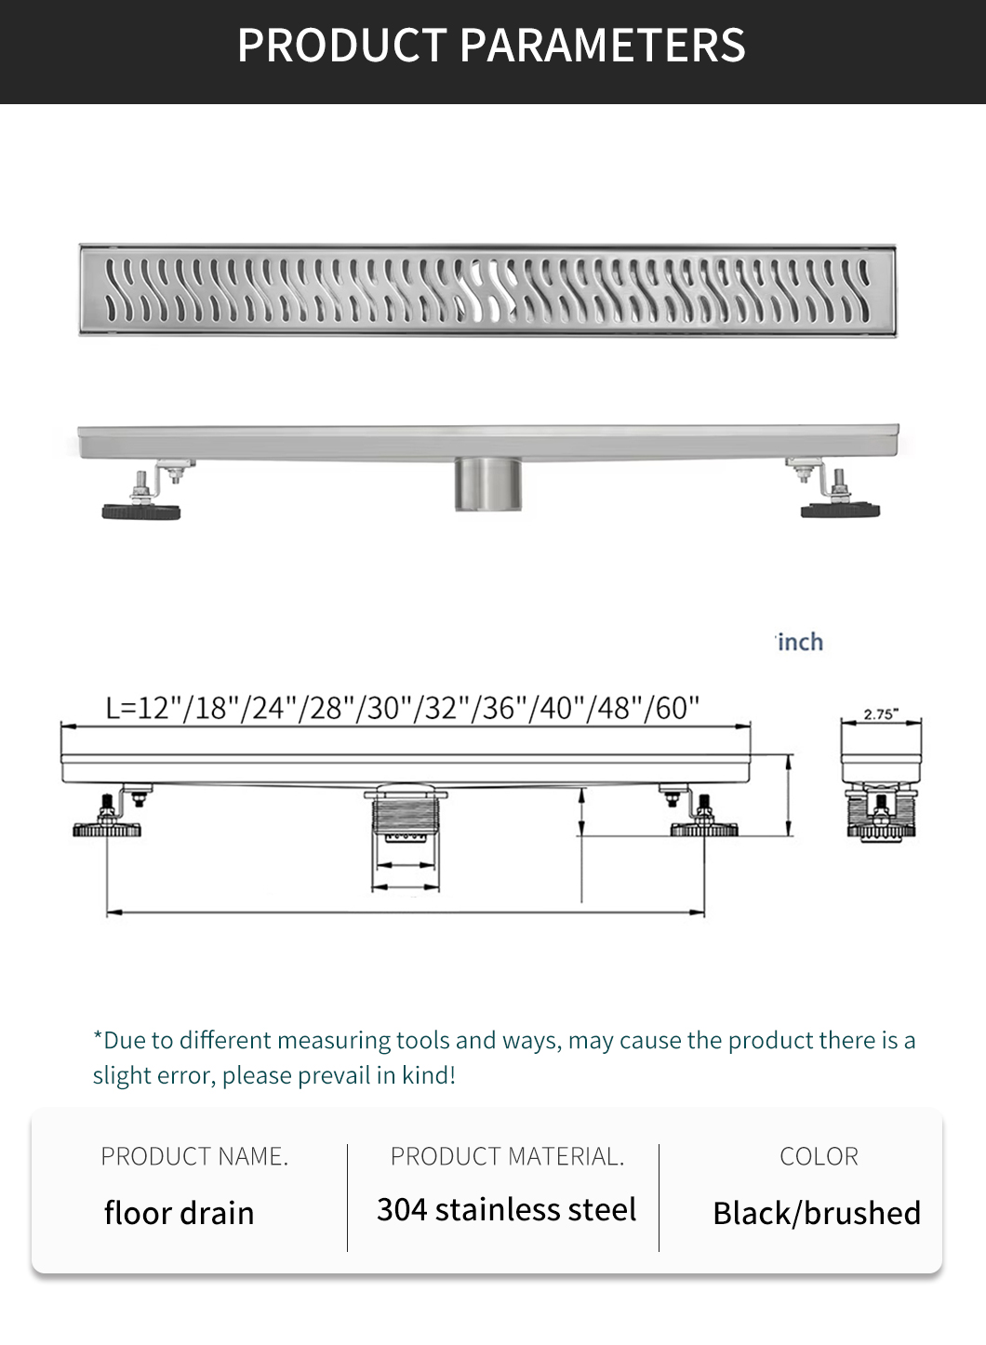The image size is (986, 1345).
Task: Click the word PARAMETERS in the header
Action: coord(602,45)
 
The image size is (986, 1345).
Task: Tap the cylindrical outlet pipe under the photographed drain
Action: coord(487,484)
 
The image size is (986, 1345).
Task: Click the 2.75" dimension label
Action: coord(881,714)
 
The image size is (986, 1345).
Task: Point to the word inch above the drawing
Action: coord(801,642)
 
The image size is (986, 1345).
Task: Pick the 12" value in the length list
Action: coord(156,708)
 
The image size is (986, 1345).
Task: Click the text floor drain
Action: coord(179,1212)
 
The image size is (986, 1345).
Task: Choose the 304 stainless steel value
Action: coord(506,1209)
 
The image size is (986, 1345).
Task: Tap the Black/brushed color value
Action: coord(817,1212)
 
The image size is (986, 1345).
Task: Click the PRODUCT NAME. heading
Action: coord(194,1156)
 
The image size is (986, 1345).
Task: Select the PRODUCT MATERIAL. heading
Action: coord(507,1156)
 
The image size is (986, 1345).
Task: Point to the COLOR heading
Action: coord(819,1156)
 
